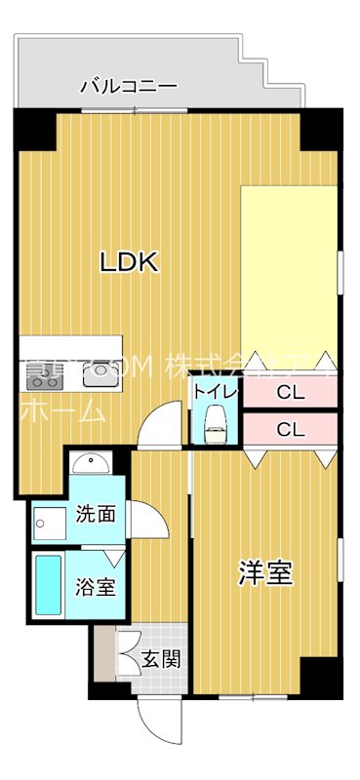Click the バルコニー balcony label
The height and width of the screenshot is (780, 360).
coord(129,86)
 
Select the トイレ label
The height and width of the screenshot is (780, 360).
coord(214,392)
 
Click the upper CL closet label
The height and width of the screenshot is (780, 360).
coord(289,394)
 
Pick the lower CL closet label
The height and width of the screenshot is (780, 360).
coord(289,428)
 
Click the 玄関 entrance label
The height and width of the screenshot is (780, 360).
coord(163,660)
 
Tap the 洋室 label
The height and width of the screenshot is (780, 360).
coord(265,574)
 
